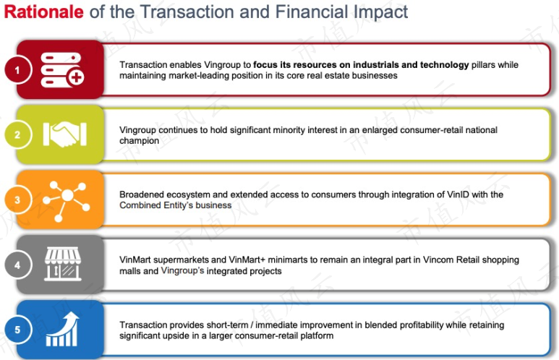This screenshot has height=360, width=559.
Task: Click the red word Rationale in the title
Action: (44, 12)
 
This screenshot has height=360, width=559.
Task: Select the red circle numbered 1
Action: (18, 70)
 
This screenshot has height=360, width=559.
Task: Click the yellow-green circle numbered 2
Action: (18, 134)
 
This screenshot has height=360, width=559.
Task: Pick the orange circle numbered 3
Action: (18, 200)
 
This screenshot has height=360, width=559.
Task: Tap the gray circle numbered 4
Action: (18, 265)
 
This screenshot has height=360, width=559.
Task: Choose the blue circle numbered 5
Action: (18, 330)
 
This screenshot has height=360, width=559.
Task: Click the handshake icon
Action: (65, 134)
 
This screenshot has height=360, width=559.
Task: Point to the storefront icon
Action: (63, 264)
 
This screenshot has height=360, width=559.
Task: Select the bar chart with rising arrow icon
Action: (62, 329)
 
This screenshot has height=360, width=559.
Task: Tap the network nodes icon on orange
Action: (67, 201)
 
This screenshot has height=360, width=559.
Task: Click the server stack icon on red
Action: (62, 70)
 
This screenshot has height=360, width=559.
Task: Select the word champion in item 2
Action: (140, 141)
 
